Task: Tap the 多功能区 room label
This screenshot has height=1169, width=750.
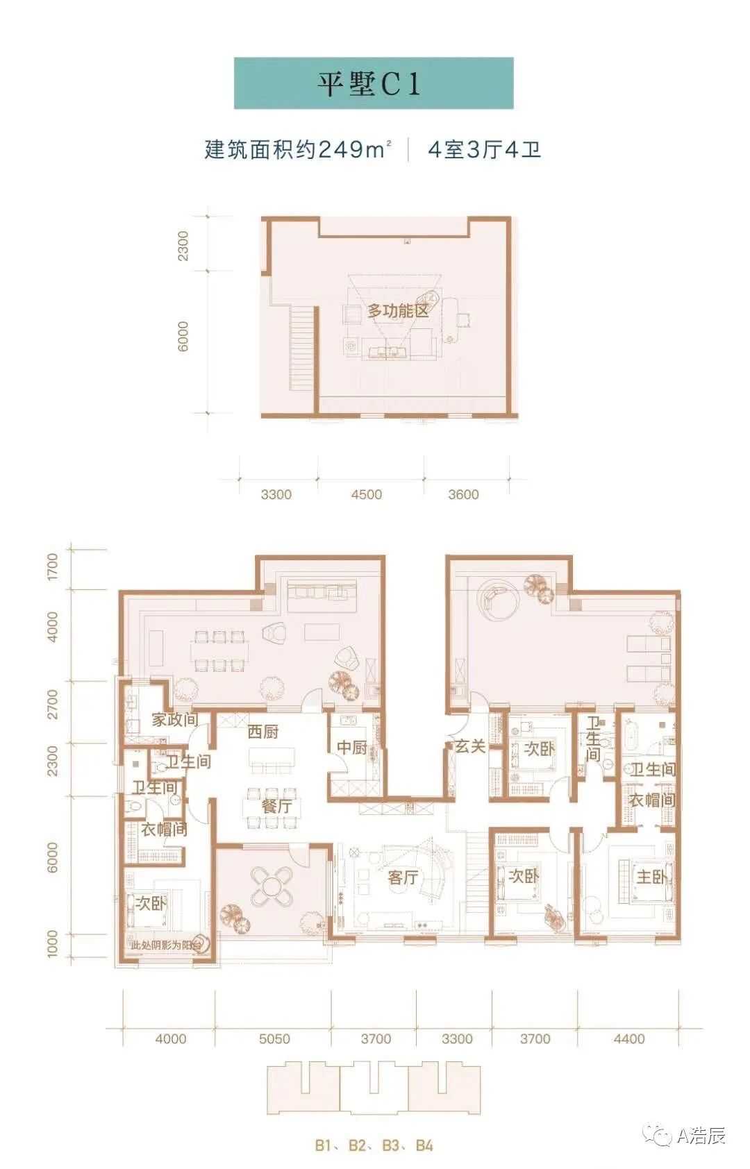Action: click(x=398, y=311)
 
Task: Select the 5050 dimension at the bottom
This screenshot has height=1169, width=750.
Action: click(x=274, y=1039)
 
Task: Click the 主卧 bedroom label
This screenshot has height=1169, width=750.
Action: click(x=651, y=877)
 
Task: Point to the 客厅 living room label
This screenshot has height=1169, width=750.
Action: click(x=403, y=878)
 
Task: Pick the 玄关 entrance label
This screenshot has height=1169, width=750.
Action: click(x=470, y=746)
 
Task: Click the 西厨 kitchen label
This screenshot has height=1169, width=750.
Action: click(x=263, y=732)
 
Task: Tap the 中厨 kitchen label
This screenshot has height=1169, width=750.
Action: click(x=352, y=748)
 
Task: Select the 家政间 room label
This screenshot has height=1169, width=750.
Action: click(x=174, y=720)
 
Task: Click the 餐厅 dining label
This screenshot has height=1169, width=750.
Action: click(x=276, y=806)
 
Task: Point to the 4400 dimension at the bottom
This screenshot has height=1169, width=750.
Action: click(x=629, y=1039)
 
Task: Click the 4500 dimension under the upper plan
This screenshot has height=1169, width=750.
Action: click(x=366, y=495)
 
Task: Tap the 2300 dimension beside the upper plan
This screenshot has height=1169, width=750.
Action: click(x=183, y=245)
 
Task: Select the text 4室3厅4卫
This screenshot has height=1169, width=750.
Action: click(x=484, y=149)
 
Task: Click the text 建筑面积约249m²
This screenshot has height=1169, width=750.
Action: click(x=297, y=149)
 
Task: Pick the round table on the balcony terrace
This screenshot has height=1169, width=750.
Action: click(x=273, y=886)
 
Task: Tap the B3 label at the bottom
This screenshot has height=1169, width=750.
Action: click(x=390, y=1145)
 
